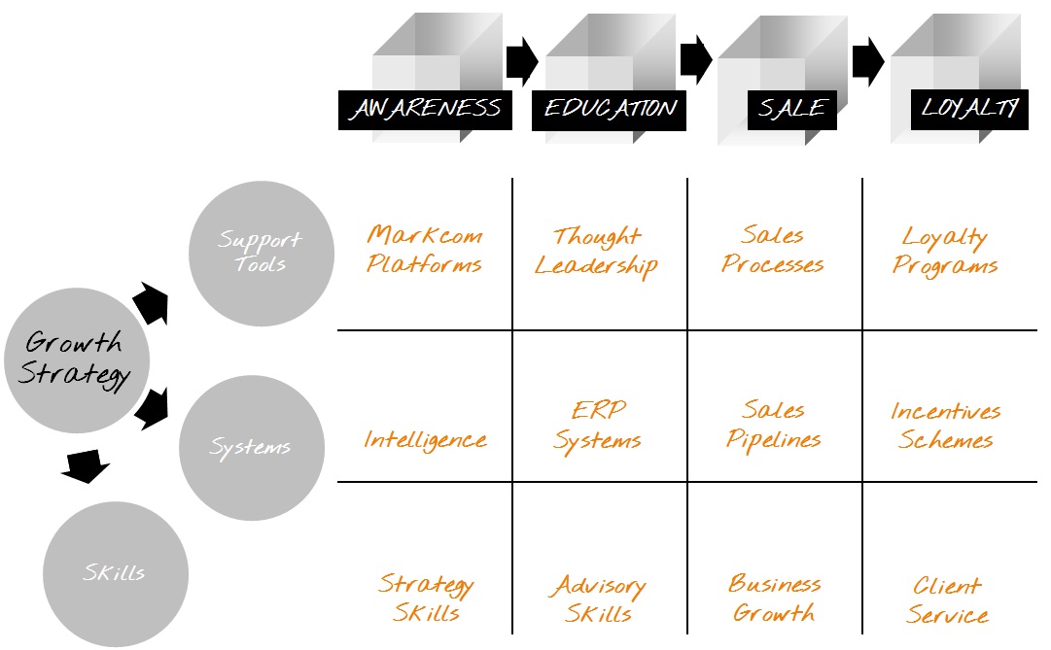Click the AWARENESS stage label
pos(425,109)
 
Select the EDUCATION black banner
pos(609,109)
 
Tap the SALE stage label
pos(791,109)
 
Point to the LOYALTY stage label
pos(968,109)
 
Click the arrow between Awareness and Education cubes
pos(522,62)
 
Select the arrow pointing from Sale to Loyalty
pos(868,62)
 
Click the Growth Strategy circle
pos(75,358)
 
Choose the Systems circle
pos(251,448)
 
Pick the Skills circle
pos(116,573)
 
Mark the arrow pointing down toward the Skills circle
pos(85,466)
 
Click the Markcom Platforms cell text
pos(425,250)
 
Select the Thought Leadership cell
pos(597,252)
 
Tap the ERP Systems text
pos(597,426)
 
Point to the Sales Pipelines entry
pos(773,425)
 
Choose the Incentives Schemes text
pos(946,426)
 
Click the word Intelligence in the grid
pos(425,440)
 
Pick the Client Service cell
pos(947,600)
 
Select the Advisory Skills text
pos(598,600)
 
